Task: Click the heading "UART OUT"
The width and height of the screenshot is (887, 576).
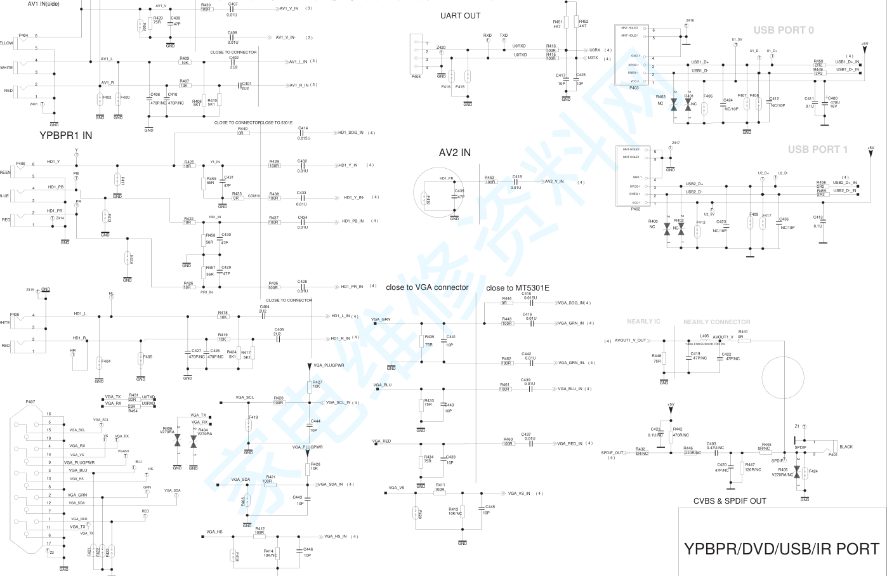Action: (x=460, y=16)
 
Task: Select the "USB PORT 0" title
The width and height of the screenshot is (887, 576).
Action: (x=783, y=30)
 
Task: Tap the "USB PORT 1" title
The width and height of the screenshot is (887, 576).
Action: (x=817, y=150)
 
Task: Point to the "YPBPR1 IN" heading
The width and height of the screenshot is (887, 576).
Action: (x=66, y=135)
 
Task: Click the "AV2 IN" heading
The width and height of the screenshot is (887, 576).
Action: (x=455, y=153)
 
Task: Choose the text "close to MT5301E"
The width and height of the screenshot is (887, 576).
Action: (x=518, y=288)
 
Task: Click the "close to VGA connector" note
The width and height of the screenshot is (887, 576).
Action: (x=427, y=287)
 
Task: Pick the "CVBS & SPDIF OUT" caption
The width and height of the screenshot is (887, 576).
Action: (x=730, y=501)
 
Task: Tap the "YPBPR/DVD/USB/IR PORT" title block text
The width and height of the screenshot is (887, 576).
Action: (x=782, y=549)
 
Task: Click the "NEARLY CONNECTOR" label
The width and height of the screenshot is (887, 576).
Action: (x=716, y=322)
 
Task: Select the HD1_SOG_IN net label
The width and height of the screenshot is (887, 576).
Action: (x=351, y=133)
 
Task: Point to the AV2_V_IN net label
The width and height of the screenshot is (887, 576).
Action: (x=554, y=182)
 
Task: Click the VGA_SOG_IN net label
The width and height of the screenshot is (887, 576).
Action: (x=571, y=303)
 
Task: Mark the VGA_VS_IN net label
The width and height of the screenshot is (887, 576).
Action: (x=519, y=494)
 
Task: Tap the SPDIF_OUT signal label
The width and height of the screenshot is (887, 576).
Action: (x=612, y=453)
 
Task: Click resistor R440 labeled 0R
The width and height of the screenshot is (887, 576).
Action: (x=243, y=133)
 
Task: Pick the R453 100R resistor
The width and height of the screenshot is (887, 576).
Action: (x=490, y=182)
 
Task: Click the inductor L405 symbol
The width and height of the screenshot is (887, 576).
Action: (x=704, y=341)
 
